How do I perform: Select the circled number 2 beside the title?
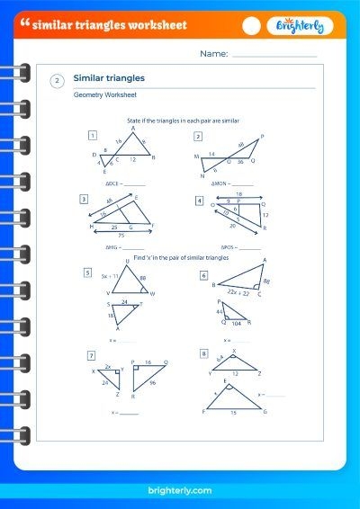(57, 81)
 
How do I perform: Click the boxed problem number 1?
(93, 136)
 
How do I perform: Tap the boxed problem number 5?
(87, 272)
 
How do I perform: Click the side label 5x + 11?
(111, 277)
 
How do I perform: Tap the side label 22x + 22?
(237, 293)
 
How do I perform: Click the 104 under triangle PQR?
(236, 322)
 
